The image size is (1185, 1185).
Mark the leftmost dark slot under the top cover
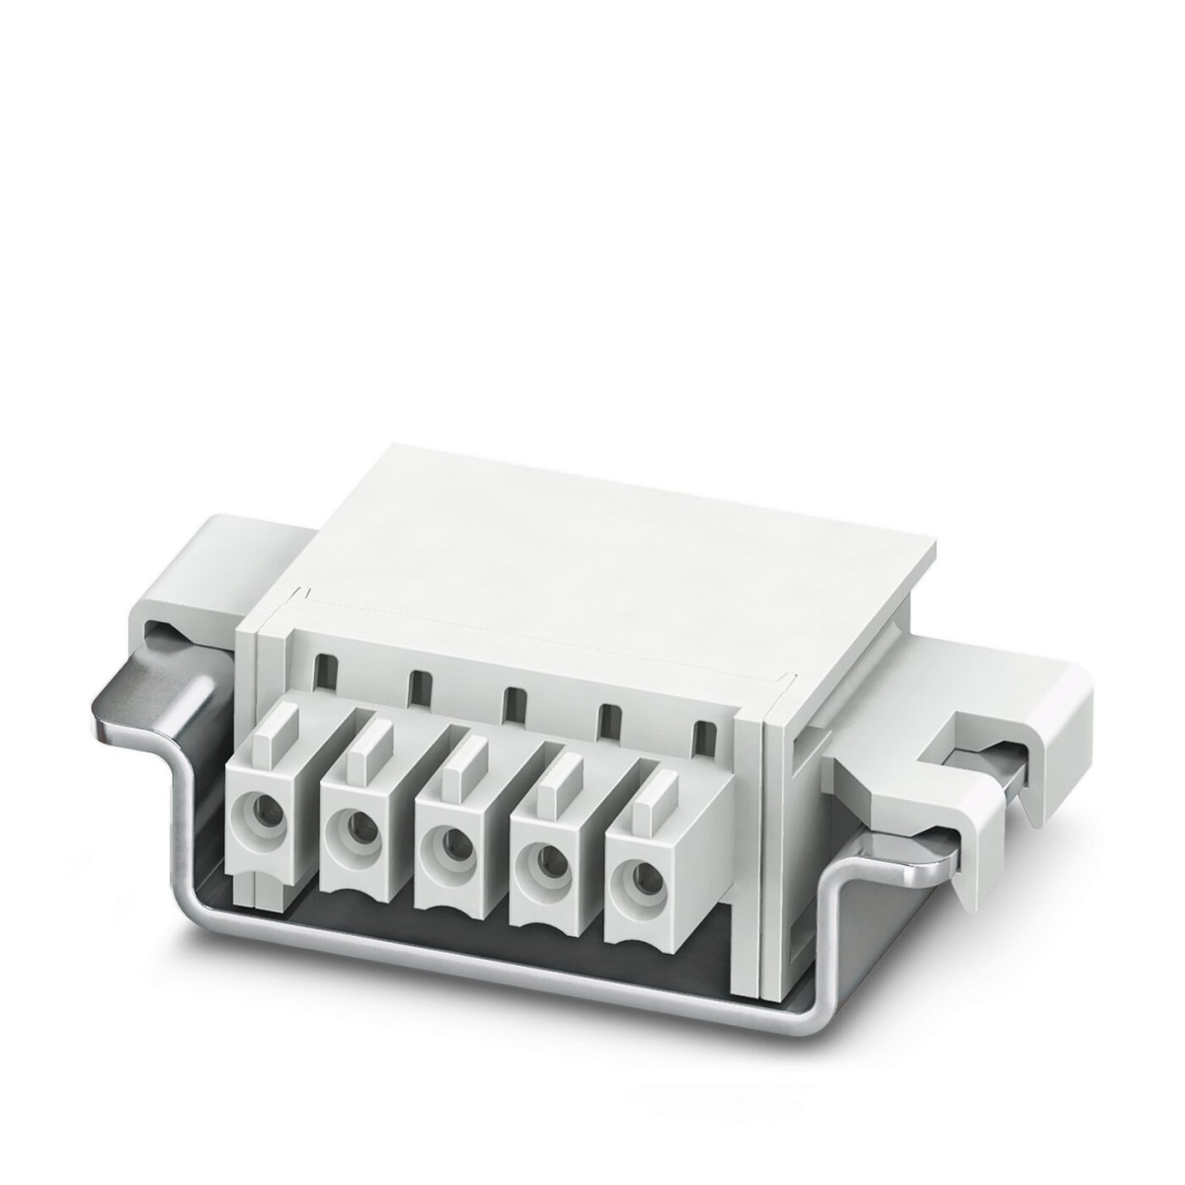coord(322,673)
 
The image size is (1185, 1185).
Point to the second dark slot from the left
coord(419,687)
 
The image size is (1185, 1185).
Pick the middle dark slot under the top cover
coord(513,703)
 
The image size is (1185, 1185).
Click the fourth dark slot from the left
coord(609,719)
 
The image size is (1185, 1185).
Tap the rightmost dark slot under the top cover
coord(704,736)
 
